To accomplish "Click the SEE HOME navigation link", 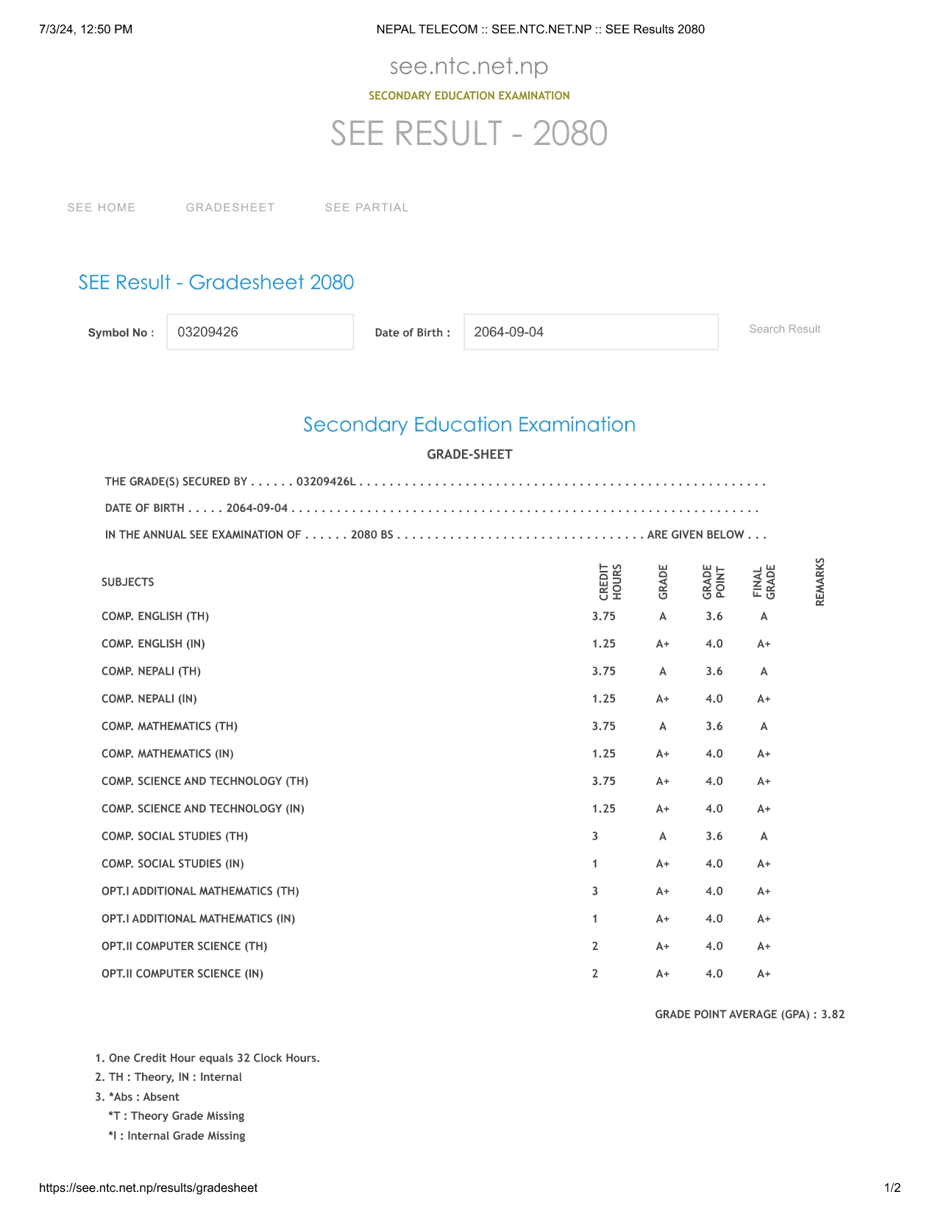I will [102, 207].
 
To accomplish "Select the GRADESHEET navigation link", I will [230, 207].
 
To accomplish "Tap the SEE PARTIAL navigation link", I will [366, 207].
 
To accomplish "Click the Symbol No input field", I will [260, 332].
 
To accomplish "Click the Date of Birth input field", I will [591, 332].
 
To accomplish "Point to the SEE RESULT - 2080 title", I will [469, 133].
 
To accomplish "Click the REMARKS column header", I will [820, 582].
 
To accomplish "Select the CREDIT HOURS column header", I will [610, 582].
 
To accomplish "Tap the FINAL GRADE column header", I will [764, 582].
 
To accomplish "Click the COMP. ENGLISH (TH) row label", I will [155, 617].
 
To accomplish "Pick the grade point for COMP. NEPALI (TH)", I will [714, 671].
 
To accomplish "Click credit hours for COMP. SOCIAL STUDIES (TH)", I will [595, 837].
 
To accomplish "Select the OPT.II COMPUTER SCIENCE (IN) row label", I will [182, 974].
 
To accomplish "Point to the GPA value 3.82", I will [833, 1015].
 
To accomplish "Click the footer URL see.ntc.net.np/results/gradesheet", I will [148, 1188].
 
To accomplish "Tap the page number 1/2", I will [892, 1188].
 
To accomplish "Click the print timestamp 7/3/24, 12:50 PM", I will [86, 29].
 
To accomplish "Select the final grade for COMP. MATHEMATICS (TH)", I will [764, 726].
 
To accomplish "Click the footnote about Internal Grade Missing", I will [177, 1136].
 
